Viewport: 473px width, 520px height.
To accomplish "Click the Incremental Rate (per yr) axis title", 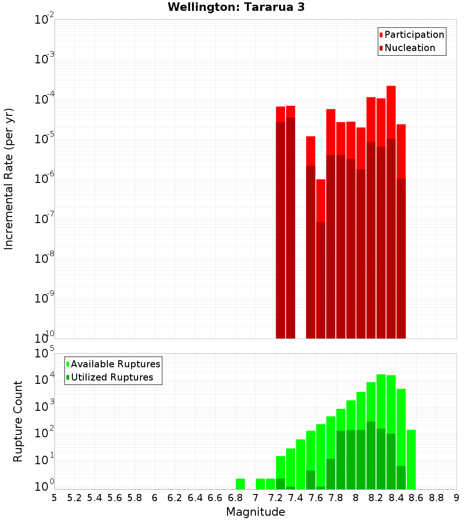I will pyautogui.click(x=9, y=179).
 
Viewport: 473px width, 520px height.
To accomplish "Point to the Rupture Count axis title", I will pyautogui.click(x=18, y=421).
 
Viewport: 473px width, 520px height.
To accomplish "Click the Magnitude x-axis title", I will pyautogui.click(x=255, y=512).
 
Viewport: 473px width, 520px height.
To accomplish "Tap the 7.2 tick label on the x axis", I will pyautogui.click(x=275, y=498).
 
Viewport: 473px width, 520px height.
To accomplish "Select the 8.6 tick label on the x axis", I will pyautogui.click(x=416, y=498).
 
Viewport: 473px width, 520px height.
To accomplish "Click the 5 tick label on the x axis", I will pyautogui.click(x=54, y=498).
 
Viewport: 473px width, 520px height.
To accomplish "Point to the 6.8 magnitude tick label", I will pyautogui.click(x=235, y=498).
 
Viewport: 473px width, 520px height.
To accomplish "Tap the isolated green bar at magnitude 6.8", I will pyautogui.click(x=240, y=484).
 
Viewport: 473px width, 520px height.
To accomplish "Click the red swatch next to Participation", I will pyautogui.click(x=381, y=35).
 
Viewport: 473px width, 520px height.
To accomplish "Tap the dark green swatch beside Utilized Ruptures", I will pyautogui.click(x=68, y=377).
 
